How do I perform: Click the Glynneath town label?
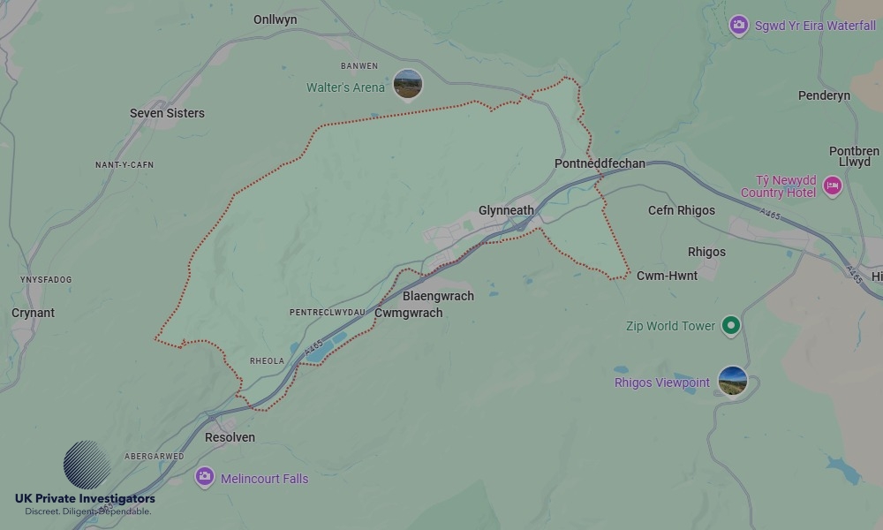[506, 210]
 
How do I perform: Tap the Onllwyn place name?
[275, 19]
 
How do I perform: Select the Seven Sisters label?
[167, 113]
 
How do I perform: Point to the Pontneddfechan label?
[600, 164]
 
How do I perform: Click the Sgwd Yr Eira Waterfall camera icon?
[739, 26]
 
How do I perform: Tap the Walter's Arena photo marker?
[407, 85]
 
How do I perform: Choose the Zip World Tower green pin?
[730, 326]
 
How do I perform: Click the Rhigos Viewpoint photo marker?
[732, 382]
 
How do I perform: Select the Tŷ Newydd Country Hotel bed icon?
[832, 185]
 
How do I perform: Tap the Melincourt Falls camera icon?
[205, 478]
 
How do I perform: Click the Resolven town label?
[230, 437]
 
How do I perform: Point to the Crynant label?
[33, 313]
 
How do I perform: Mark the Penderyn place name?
[823, 95]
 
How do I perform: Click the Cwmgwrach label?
[408, 313]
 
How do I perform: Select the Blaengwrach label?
[438, 296]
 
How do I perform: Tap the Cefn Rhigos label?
[681, 210]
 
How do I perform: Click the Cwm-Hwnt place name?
[667, 276]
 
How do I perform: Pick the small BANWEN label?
[358, 65]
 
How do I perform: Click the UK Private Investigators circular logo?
[87, 465]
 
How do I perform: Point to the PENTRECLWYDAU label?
[327, 313]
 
